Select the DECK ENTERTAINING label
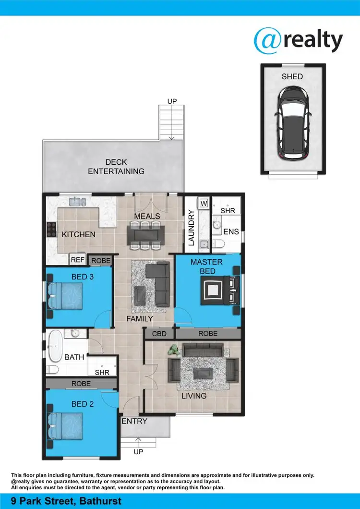pyautogui.click(x=116, y=167)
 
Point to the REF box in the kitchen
pyautogui.click(x=78, y=260)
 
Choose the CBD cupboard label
pyautogui.click(x=159, y=333)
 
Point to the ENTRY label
pyautogui.click(x=134, y=421)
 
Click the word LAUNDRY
pyautogui.click(x=191, y=228)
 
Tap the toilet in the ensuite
pyautogui.click(x=218, y=245)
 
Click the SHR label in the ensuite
pyautogui.click(x=228, y=211)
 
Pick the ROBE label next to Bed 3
pyautogui.click(x=101, y=261)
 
